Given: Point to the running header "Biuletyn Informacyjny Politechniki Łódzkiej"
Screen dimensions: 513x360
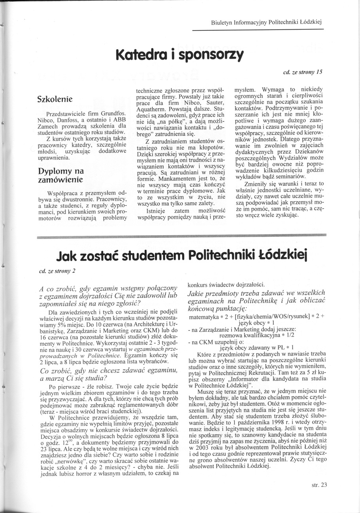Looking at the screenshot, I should pyautogui.click(x=267, y=23).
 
